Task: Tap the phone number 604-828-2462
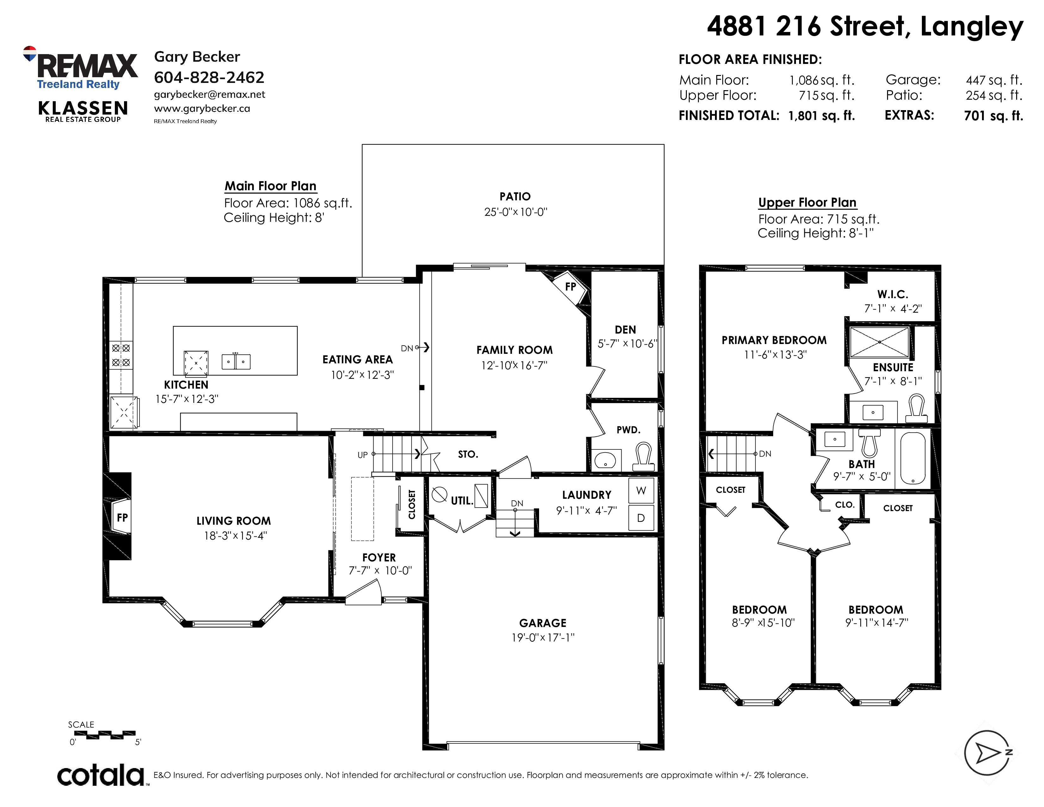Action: pyautogui.click(x=209, y=78)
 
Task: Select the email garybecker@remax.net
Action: pyautogui.click(x=209, y=95)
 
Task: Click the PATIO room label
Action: pyautogui.click(x=515, y=197)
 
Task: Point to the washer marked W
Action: pyautogui.click(x=641, y=491)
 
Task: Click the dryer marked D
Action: pyautogui.click(x=641, y=518)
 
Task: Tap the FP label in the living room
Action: pyautogui.click(x=122, y=517)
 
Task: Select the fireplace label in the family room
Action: pyautogui.click(x=570, y=287)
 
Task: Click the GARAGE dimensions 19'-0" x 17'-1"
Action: pyautogui.click(x=543, y=637)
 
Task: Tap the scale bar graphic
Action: pyautogui.click(x=105, y=735)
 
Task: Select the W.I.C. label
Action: pyautogui.click(x=892, y=295)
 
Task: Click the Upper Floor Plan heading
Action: pyautogui.click(x=807, y=203)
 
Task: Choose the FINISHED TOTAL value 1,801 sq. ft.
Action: pyautogui.click(x=822, y=116)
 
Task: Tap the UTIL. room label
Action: pyautogui.click(x=462, y=501)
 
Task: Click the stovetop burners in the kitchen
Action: pyautogui.click(x=121, y=355)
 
